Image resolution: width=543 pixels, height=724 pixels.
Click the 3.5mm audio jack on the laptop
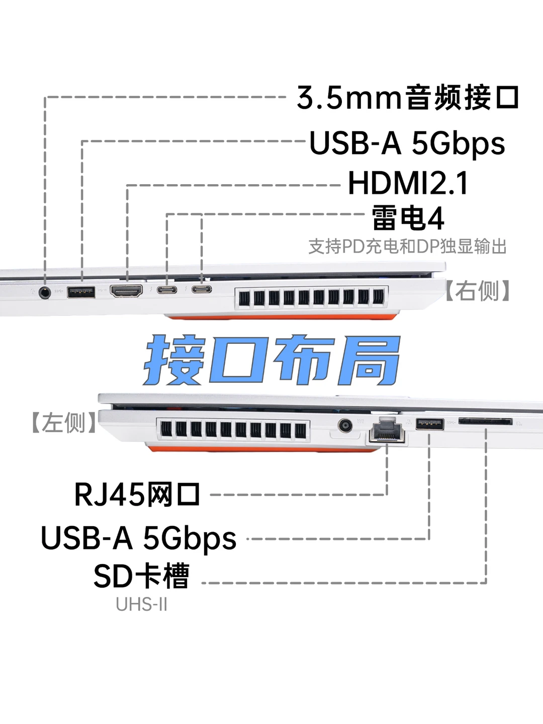(x=45, y=292)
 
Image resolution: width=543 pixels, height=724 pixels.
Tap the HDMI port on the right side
(x=127, y=291)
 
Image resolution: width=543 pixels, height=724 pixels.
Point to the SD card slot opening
(x=485, y=421)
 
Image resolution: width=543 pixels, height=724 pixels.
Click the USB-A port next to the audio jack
(x=81, y=292)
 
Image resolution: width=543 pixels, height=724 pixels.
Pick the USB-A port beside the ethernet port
(x=430, y=424)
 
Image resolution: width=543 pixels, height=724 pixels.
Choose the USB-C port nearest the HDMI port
(x=167, y=290)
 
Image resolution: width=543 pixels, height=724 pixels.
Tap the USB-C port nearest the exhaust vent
(x=202, y=289)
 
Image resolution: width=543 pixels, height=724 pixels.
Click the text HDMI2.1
(x=408, y=183)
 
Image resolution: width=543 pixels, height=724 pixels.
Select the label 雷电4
(x=408, y=218)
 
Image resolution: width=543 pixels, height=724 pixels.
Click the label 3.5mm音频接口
(x=408, y=97)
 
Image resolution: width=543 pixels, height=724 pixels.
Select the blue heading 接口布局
(x=272, y=360)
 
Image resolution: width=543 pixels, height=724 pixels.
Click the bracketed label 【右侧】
(x=478, y=290)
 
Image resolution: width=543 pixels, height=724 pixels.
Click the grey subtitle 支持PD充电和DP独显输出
(x=408, y=247)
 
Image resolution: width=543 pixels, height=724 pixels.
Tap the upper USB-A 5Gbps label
(x=407, y=143)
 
